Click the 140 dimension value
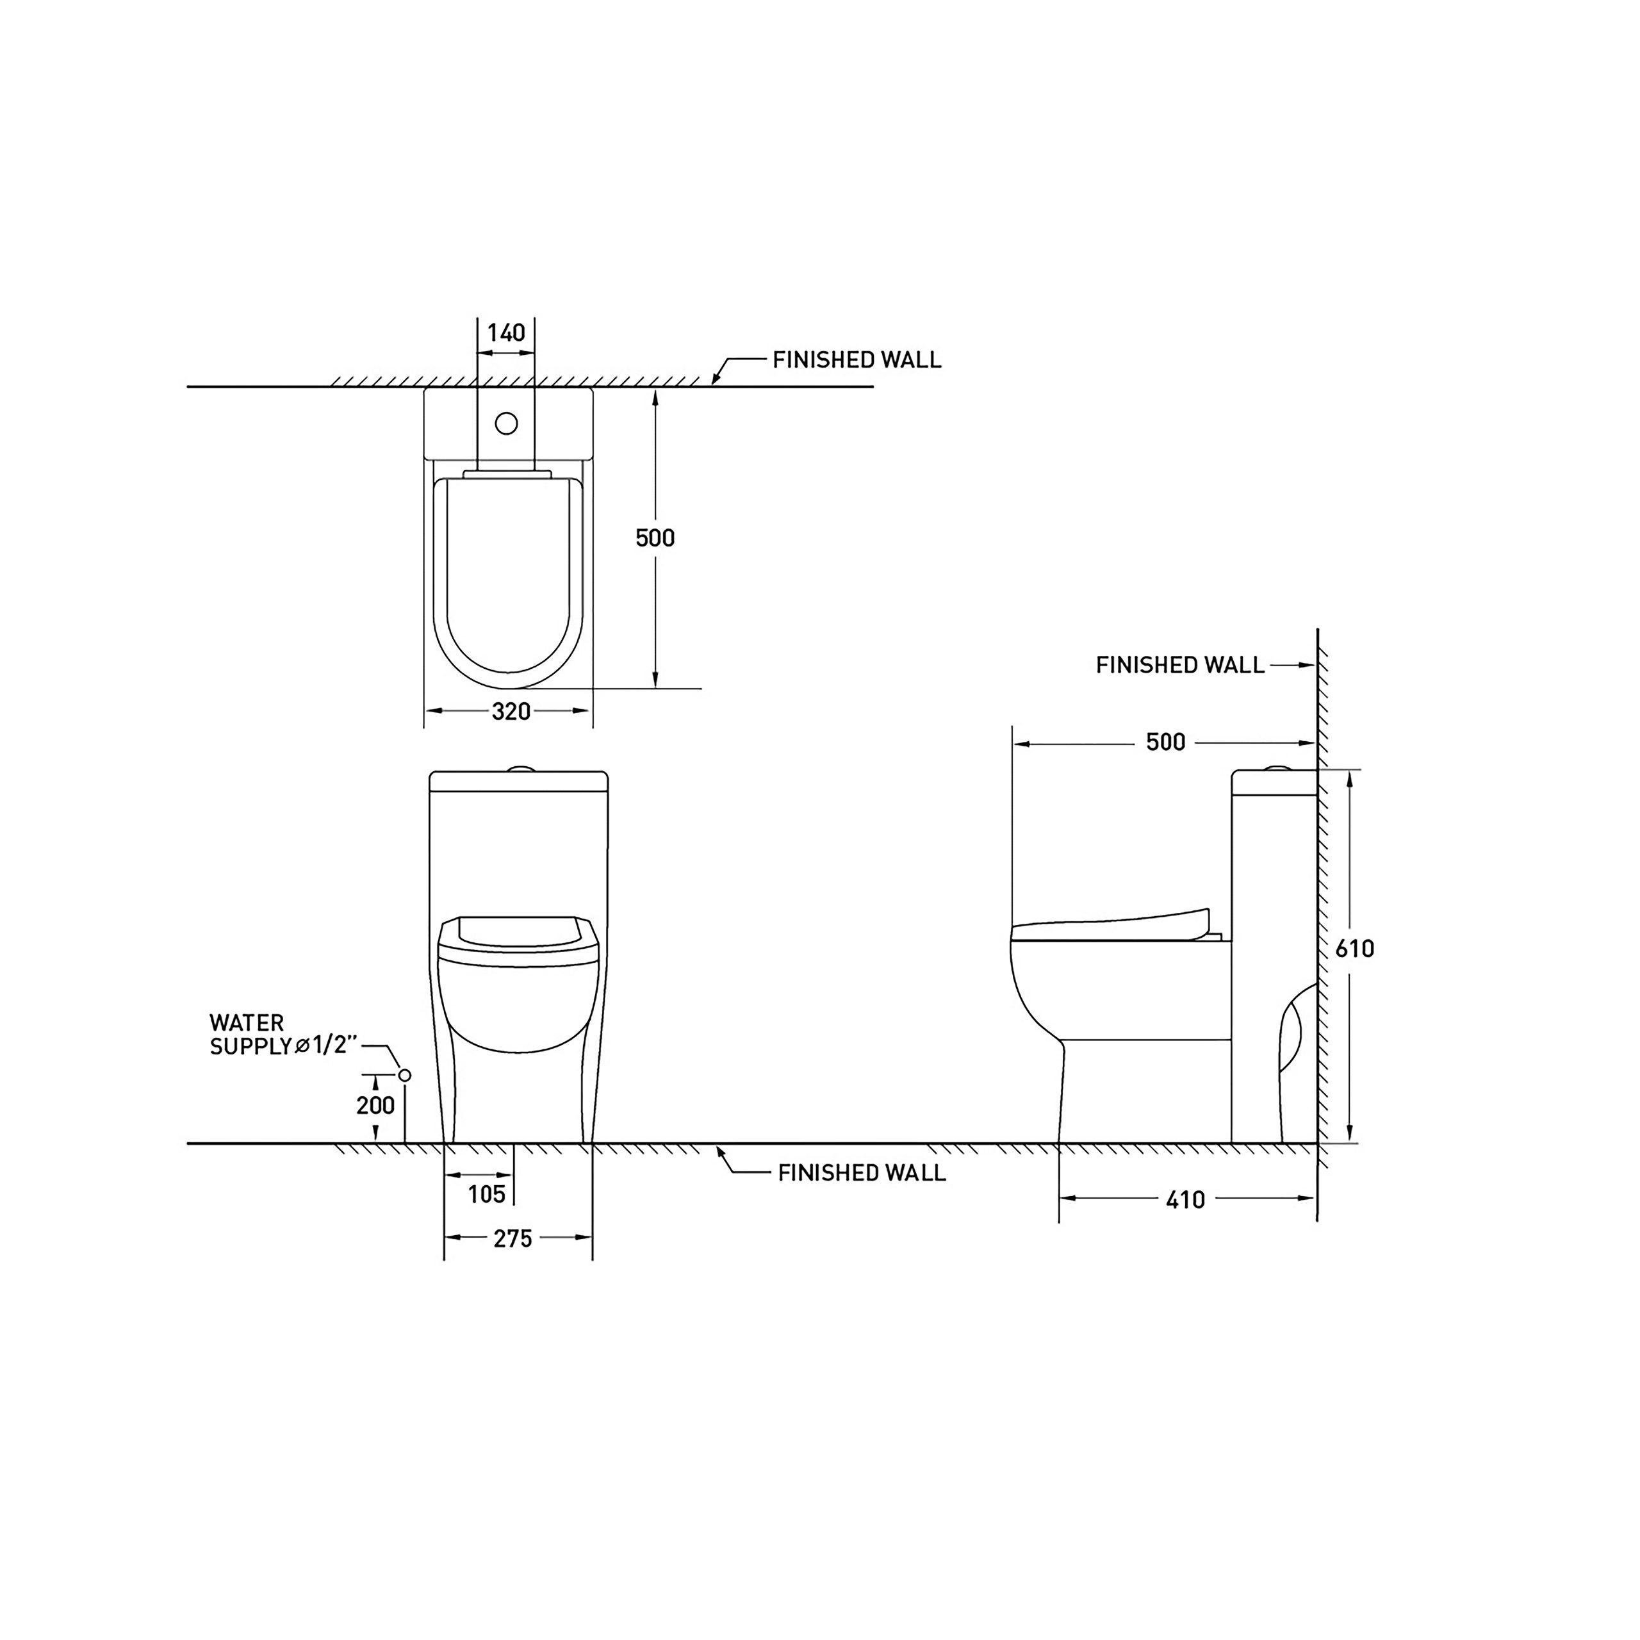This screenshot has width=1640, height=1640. pos(506,332)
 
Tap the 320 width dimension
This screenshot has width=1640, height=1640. pos(511,711)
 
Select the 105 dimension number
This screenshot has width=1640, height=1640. pos(486,1194)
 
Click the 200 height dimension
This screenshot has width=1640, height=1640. pos(375,1105)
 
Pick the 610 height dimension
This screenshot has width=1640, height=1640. pos(1355,948)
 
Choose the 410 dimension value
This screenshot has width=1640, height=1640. pos(1185,1199)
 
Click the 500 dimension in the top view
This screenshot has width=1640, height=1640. pos(655,537)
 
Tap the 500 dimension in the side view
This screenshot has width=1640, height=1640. pos(1165,742)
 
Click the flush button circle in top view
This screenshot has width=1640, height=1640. pos(506,423)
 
